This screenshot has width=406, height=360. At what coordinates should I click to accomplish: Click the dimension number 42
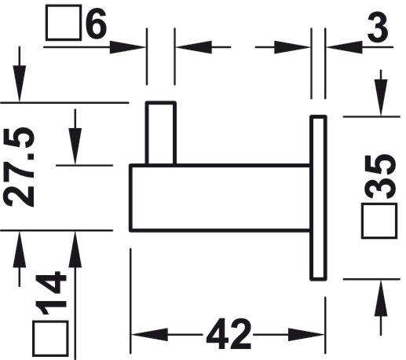pos(229,334)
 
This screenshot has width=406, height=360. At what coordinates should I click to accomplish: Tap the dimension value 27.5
pos(20,167)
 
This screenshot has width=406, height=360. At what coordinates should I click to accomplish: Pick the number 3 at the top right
pos(378,27)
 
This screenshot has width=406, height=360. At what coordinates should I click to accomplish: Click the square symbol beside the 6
pos(63,23)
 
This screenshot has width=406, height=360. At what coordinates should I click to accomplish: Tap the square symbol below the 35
pos(379,221)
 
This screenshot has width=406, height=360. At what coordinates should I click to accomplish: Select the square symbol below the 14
pos(50,339)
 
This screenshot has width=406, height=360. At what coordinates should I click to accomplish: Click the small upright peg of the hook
pos(161,133)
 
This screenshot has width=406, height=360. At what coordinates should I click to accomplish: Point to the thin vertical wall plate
pos(318,198)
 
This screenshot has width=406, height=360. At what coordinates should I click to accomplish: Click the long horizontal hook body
pos(220,198)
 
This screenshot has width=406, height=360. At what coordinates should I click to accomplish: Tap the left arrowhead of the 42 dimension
pos(149,334)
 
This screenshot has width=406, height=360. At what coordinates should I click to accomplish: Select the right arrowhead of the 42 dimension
pos(306,334)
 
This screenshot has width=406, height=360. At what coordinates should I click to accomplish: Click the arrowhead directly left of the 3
pos(345,47)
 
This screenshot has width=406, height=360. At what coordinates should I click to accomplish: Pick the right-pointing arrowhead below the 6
pos(127,47)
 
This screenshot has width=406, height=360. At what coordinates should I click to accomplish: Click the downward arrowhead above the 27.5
pos(20,83)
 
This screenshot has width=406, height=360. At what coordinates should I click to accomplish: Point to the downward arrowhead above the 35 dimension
pos(381,97)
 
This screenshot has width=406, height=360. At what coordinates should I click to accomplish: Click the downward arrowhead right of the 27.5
pos(75,146)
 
